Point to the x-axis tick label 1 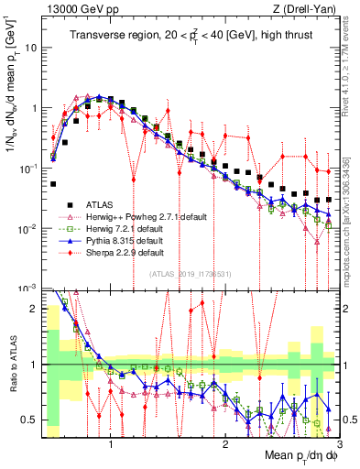point(111,443)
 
